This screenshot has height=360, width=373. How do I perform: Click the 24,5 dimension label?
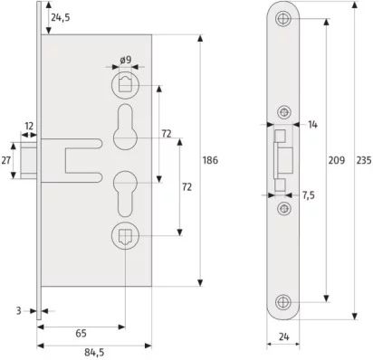click(x=61, y=18)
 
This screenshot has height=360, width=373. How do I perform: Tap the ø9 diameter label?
click(x=126, y=60)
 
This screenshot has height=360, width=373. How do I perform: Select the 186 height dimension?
click(x=210, y=160)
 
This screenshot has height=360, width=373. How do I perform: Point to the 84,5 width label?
click(x=94, y=352)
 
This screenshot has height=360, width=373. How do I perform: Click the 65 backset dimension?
click(x=81, y=334)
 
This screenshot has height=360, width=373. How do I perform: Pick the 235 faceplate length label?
click(x=364, y=160)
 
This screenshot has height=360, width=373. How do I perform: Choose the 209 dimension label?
click(x=337, y=160)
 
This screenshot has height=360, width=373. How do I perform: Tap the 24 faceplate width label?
click(x=283, y=336)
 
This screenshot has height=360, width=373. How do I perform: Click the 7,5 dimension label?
click(x=309, y=195)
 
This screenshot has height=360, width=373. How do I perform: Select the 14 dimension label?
click(x=312, y=124)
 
